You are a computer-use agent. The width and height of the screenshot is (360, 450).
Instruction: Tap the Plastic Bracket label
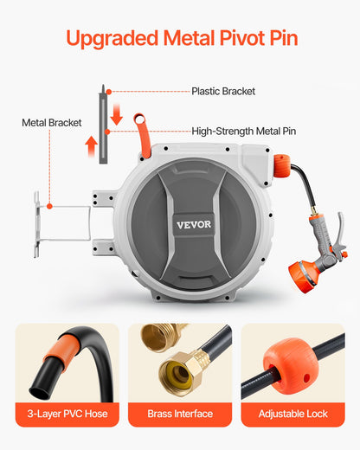point(223,91)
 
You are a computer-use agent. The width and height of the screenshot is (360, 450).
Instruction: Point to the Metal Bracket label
point(51,123)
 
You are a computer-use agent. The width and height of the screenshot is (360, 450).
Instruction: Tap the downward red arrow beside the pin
point(117,117)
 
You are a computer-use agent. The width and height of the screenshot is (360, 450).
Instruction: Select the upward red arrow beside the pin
point(91,144)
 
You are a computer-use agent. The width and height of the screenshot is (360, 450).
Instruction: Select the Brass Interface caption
point(180,415)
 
